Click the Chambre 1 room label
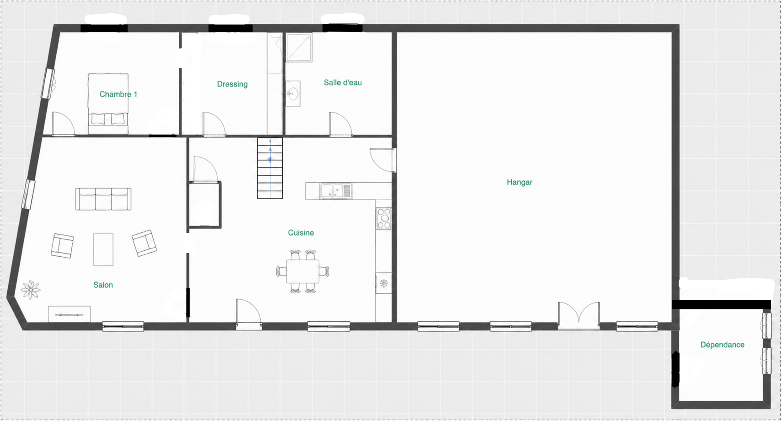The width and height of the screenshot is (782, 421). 118,94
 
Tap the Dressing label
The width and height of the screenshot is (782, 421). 232,84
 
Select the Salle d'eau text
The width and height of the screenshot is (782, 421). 343,83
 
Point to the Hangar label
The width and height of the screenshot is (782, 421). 520,182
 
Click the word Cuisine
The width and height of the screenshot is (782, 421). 301,232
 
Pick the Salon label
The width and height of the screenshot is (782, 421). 103,285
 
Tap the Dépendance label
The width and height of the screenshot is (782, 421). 722,345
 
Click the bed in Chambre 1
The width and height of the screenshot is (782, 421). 108,104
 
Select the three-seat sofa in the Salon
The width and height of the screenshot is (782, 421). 103,199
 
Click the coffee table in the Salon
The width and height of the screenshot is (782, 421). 103,249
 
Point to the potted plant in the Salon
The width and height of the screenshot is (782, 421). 31,290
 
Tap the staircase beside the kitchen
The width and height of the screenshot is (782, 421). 270,168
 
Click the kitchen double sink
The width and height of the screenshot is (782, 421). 336,191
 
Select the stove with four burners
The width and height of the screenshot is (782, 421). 384,218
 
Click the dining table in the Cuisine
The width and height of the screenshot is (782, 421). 303,271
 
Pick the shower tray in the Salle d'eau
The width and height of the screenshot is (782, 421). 299,47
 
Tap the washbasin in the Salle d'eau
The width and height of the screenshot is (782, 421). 293,94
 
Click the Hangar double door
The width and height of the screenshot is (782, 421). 579,316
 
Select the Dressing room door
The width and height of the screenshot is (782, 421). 214,124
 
